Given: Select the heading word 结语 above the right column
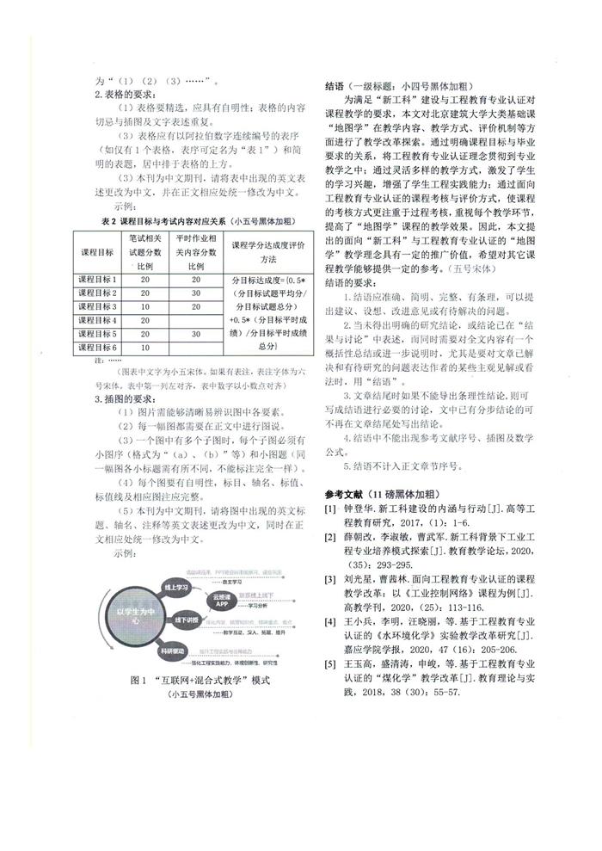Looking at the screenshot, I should (335, 86).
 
